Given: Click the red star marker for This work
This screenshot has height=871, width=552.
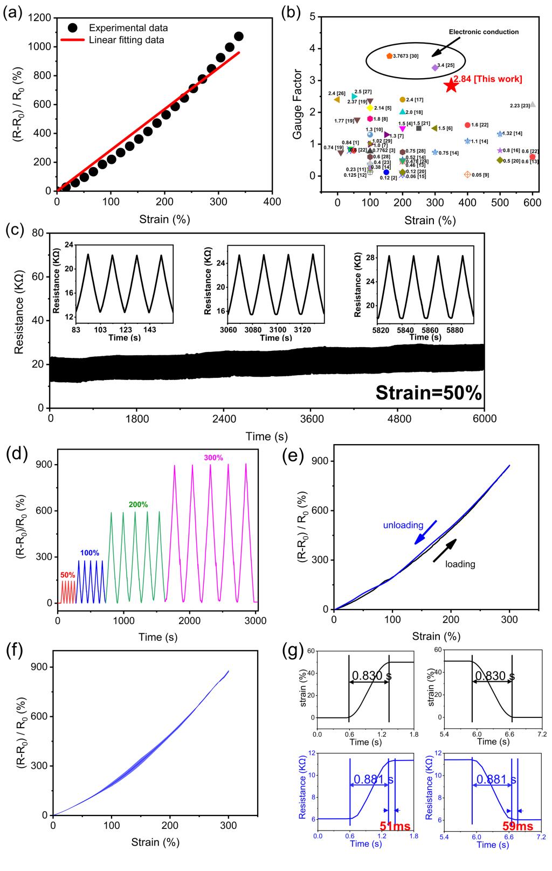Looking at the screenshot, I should (x=451, y=85).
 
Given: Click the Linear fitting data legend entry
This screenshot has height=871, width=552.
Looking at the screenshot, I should (x=126, y=40).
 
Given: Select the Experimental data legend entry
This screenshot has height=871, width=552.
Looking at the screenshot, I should (x=128, y=28).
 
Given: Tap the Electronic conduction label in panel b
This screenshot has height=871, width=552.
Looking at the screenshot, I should (x=484, y=32).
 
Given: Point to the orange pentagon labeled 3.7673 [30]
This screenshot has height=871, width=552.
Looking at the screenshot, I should (x=389, y=56).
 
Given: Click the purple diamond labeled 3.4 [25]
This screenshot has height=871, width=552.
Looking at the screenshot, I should (x=434, y=67).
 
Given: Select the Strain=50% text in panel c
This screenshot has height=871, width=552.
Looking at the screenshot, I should (x=428, y=393).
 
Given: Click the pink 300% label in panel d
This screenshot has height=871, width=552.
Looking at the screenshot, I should (x=213, y=458).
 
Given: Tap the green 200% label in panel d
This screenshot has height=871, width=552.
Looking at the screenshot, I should (x=138, y=504).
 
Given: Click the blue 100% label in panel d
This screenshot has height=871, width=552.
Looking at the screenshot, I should (x=89, y=553).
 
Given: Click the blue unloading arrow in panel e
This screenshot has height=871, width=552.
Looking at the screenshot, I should (x=425, y=532).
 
